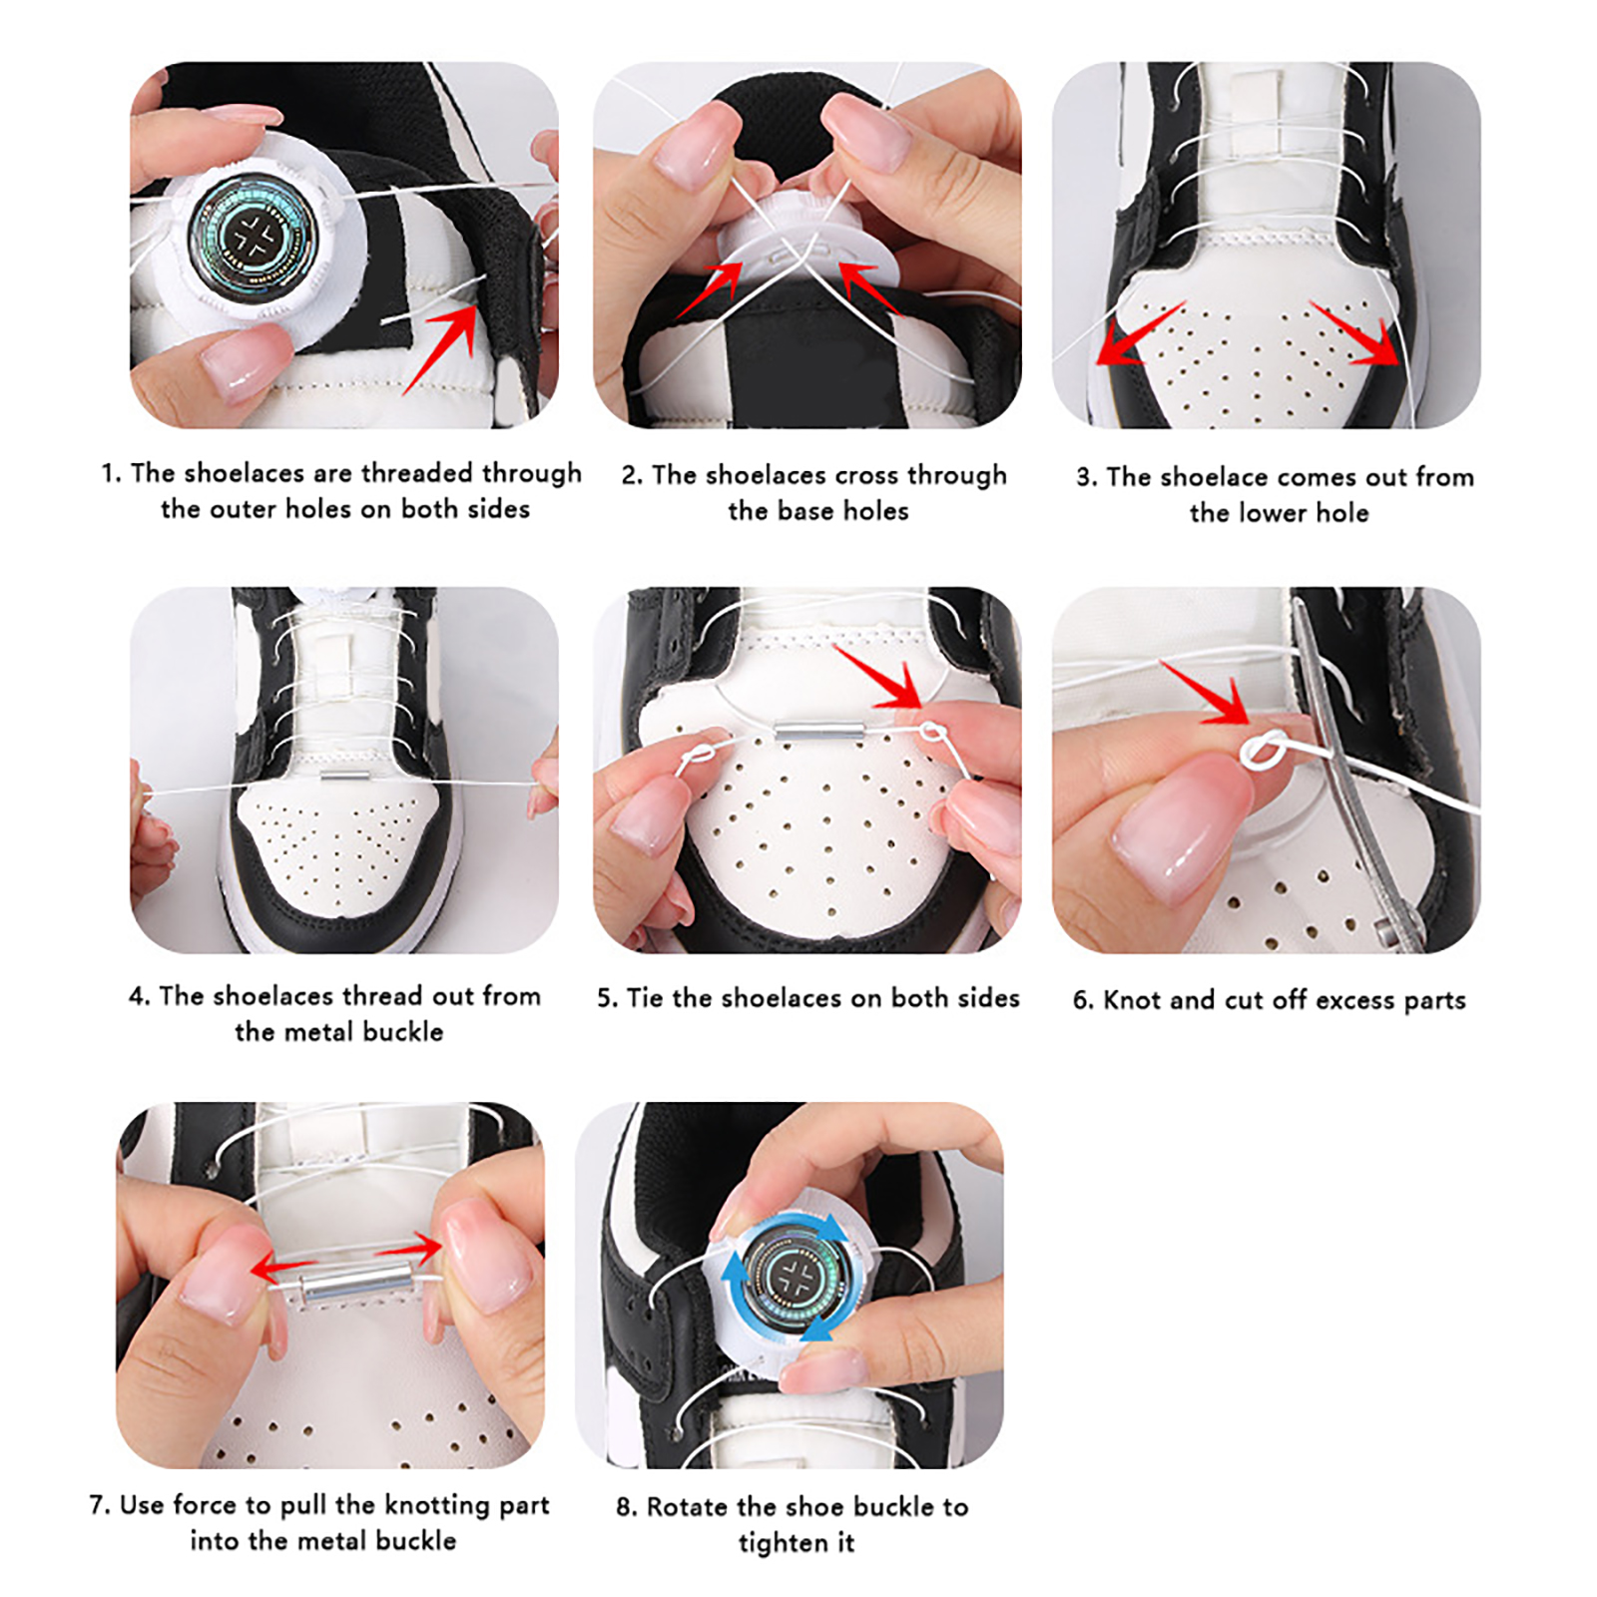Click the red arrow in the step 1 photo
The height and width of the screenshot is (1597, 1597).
pos(440,349)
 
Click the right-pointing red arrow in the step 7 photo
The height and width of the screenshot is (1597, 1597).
pos(408,1248)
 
